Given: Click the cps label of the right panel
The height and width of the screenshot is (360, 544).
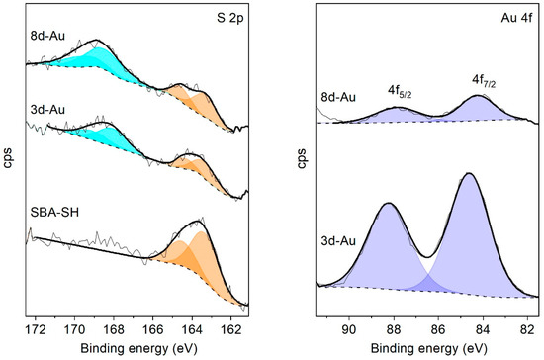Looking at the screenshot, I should (300, 158).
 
